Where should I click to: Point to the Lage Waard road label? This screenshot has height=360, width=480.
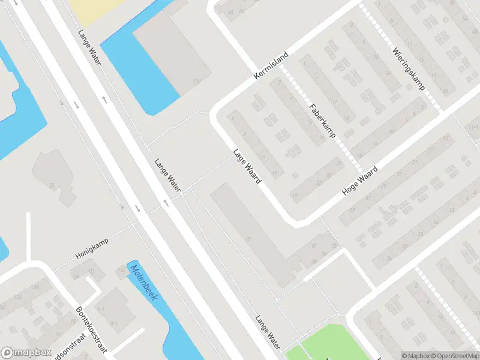[247, 166]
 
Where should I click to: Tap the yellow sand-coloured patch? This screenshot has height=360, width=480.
[90, 7]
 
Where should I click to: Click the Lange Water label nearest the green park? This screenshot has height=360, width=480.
[268, 331]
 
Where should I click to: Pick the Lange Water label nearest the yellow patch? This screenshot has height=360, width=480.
[90, 45]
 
